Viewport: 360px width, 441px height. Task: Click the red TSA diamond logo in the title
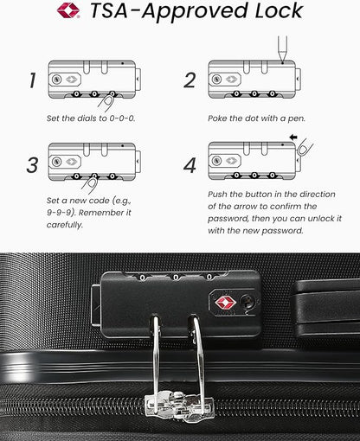click(67, 11)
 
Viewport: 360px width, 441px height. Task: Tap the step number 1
click(32, 80)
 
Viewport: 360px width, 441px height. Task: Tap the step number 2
click(190, 80)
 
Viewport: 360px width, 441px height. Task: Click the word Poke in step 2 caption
click(220, 117)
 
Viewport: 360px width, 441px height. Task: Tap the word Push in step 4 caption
click(222, 195)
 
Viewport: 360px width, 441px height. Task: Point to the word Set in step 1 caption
click(55, 117)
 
